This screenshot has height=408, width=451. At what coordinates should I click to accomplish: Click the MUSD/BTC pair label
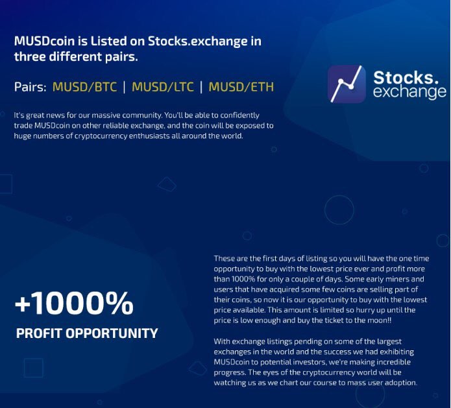point(84,87)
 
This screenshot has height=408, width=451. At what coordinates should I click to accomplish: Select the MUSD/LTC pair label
point(162,87)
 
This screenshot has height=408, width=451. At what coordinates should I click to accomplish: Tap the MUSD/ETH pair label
point(241,87)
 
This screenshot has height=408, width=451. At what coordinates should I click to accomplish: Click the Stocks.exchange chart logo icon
point(347,84)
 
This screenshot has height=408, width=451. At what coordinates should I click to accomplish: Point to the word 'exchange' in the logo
point(409,92)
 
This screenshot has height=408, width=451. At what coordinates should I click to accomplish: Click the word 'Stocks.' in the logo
point(406,77)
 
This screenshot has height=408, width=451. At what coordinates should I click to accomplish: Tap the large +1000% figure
point(74,303)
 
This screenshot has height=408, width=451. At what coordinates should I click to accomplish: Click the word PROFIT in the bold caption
point(39,333)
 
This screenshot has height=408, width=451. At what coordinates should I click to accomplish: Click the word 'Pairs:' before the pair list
point(30,87)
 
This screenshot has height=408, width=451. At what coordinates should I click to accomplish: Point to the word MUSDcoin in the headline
point(44,41)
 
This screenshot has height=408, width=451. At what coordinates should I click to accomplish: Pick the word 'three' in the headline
point(30,56)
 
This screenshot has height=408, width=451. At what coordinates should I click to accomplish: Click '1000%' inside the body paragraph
point(243,279)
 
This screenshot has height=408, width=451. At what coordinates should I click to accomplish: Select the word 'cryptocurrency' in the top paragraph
point(101,136)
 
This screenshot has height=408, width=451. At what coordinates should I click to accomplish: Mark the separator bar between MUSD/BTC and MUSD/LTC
point(124,87)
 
